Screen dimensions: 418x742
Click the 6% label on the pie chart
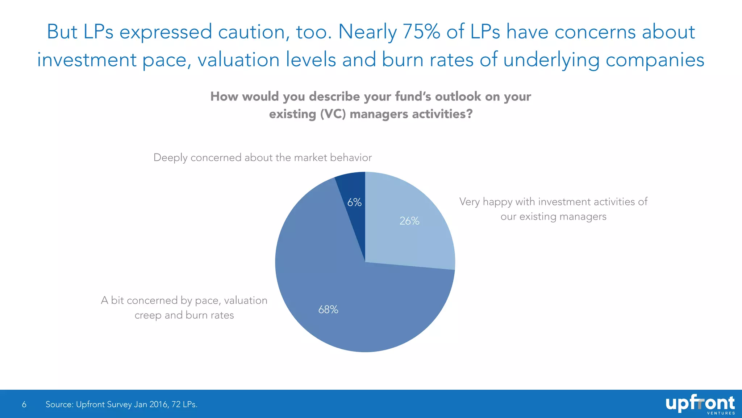[354, 202]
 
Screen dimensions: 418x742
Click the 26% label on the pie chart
[409, 221]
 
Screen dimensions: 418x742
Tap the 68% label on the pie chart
[328, 310]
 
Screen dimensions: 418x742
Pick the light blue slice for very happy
[417, 239]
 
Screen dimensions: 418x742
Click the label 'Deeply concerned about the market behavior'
[262, 157]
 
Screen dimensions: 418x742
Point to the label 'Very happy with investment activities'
[553, 202]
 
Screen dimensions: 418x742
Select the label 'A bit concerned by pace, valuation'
[184, 300]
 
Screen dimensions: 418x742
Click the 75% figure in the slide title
[421, 32]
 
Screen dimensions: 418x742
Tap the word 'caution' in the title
[254, 32]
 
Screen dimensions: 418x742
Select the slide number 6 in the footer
[24, 404]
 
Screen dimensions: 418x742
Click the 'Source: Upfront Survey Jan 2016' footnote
[107, 404]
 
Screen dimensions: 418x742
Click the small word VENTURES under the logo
[721, 413]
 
